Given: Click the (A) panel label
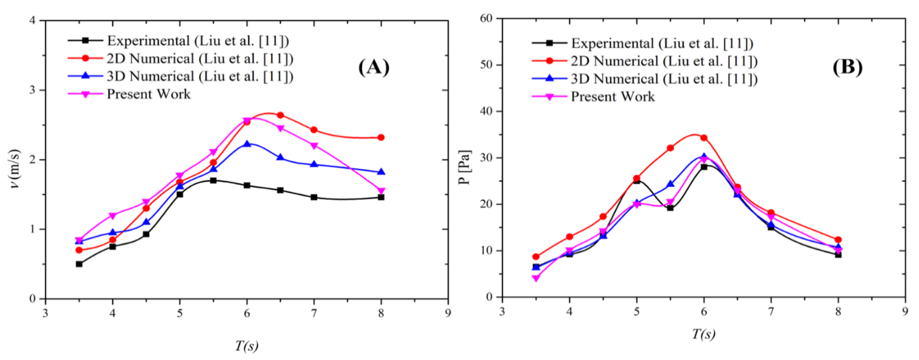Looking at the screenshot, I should point(374,67).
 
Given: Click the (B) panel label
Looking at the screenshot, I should point(848,67).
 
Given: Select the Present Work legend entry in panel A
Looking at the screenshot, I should point(148,94).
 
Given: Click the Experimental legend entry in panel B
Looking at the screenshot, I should point(662,43).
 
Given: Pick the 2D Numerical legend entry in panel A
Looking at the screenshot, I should point(200,59).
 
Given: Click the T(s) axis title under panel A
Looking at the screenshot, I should point(247,345).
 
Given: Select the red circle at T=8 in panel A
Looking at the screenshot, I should point(381,137).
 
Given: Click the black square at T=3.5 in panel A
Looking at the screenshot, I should point(79,264).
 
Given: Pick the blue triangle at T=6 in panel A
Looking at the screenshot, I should point(247,144).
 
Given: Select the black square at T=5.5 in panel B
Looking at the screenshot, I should point(670,208).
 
